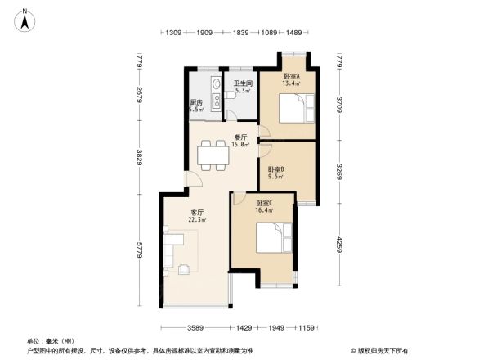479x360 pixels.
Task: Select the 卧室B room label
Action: click(275, 169)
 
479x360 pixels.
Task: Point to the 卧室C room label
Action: click(263, 203)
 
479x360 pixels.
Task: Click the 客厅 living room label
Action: click(197, 213)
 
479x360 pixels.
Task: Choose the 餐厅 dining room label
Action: click(218, 137)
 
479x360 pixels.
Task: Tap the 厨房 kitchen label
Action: click(196, 102)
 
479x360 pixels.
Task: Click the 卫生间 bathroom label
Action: click(243, 83)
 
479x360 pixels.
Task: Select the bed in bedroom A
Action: click(293, 109)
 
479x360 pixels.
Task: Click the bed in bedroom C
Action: click(273, 238)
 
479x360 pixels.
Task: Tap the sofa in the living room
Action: click(171, 250)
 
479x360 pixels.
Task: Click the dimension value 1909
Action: click(204, 33)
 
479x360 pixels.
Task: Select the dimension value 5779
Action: click(140, 244)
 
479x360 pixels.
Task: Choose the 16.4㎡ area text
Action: click(264, 210)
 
